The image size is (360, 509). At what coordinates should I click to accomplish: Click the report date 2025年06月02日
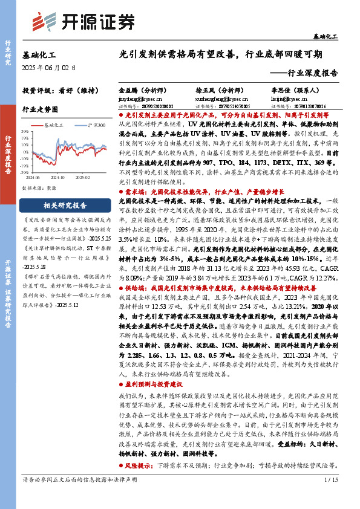(47, 67)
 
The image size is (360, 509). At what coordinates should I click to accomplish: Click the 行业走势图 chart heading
(40, 109)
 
